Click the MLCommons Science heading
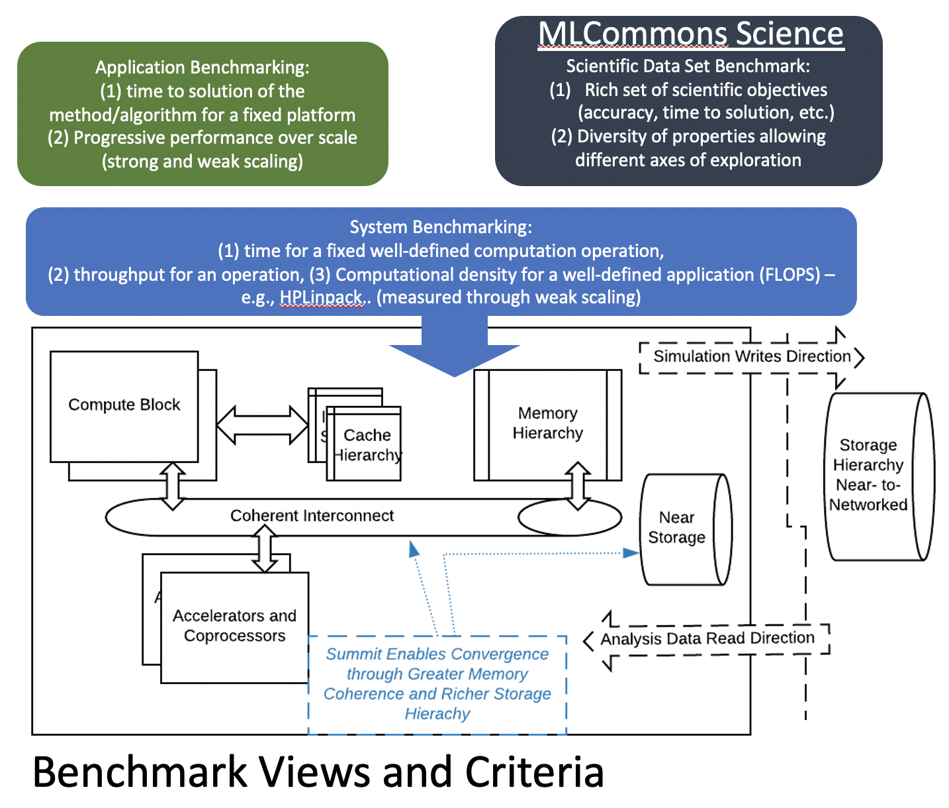(691, 34)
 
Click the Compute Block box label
(124, 405)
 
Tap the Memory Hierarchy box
(548, 424)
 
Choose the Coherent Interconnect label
(312, 516)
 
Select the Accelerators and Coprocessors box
(234, 626)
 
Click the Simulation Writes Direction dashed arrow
(752, 356)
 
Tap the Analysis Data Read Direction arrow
(707, 638)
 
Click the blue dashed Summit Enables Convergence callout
(437, 683)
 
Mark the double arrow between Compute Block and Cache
(263, 425)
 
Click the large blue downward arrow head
(455, 358)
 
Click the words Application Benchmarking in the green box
(202, 68)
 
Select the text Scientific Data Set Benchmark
(688, 66)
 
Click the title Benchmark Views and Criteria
(318, 772)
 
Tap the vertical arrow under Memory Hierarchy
(578, 485)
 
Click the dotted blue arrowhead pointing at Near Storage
(631, 552)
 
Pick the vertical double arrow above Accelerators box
(265, 548)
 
